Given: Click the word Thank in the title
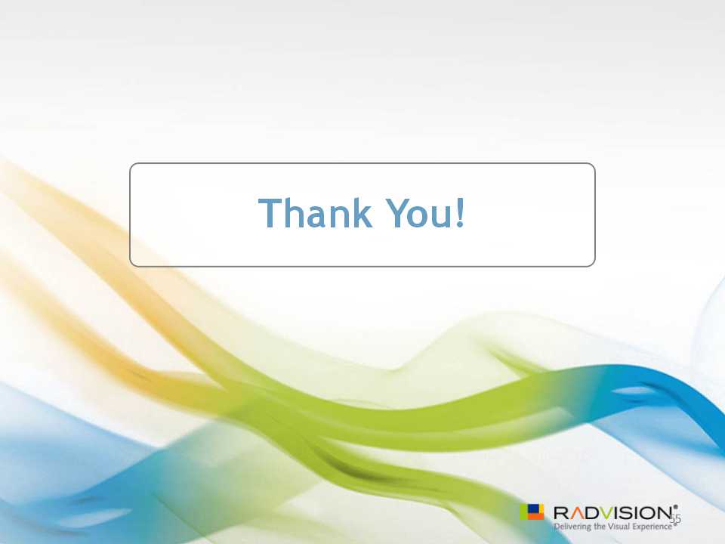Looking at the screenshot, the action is point(315,212).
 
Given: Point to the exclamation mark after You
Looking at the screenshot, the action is point(460,212).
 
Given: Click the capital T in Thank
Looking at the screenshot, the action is point(267,213).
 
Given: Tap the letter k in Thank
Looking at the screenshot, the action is point(362,212).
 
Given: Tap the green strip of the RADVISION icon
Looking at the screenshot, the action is point(523,512).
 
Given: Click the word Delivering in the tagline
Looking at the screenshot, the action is point(572,527).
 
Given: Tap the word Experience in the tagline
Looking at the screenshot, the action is point(652,527).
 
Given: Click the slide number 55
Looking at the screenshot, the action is point(675,518).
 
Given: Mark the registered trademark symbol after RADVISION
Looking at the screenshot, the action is point(675,507).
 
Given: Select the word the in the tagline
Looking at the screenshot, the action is point(600,527).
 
